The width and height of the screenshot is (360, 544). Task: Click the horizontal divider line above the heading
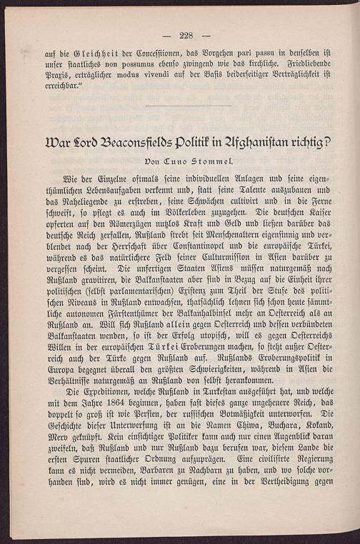point(187,106)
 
